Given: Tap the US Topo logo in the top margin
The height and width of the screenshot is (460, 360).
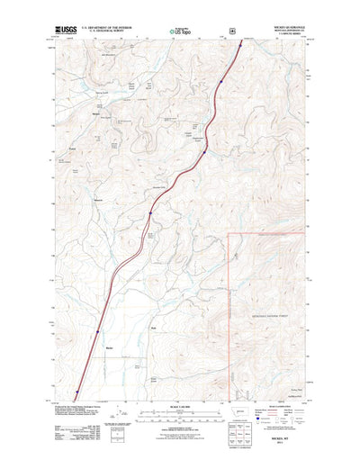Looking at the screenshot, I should pyautogui.click(x=179, y=32).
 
